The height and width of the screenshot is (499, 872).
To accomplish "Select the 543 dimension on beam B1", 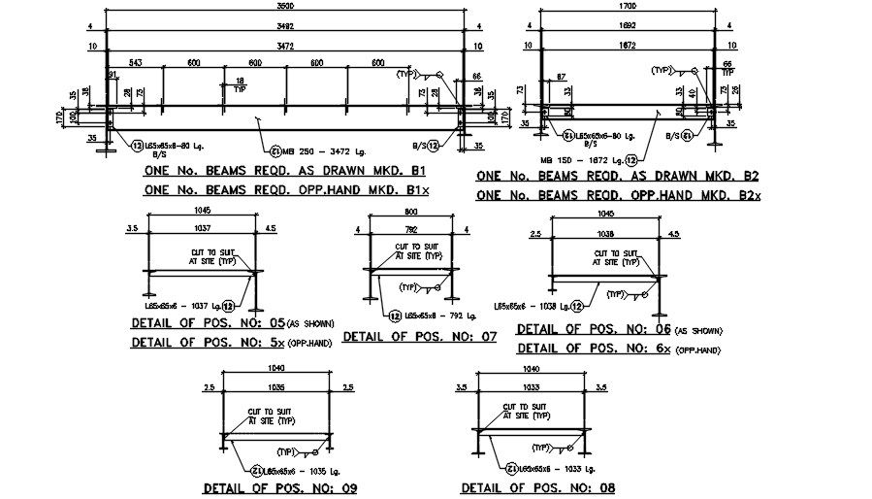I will (x=135, y=63).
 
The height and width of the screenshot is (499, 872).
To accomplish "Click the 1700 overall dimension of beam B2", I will (x=626, y=6).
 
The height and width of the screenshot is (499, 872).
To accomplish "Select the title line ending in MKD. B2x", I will (x=620, y=195).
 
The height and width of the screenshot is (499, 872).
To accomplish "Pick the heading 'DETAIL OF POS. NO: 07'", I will (x=420, y=337).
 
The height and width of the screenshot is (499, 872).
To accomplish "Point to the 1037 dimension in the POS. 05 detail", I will (x=202, y=230).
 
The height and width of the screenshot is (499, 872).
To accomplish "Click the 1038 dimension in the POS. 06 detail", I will (x=606, y=234).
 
